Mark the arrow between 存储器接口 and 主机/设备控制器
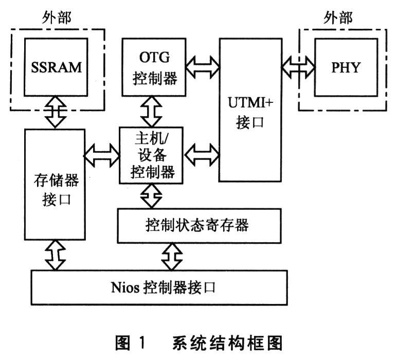(101, 152)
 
